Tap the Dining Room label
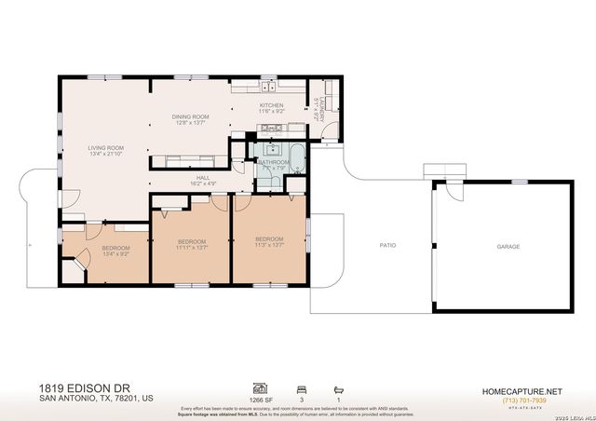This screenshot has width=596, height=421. click(x=190, y=116)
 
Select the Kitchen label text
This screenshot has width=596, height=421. click(x=271, y=105)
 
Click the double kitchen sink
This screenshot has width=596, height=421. click(x=267, y=88)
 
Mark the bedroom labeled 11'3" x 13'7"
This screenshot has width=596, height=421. click(x=269, y=239)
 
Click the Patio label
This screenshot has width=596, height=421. click(x=387, y=246)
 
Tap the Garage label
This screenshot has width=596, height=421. click(x=508, y=246)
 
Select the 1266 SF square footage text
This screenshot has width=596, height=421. click(x=259, y=400)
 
